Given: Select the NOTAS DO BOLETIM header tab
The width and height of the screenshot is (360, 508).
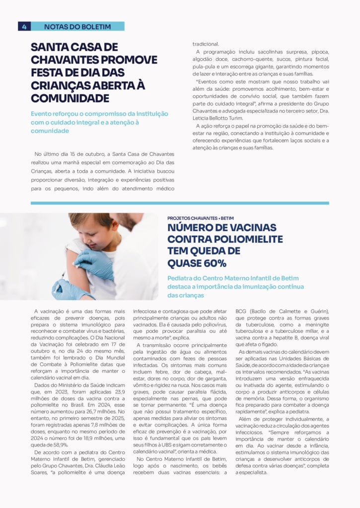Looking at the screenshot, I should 77,26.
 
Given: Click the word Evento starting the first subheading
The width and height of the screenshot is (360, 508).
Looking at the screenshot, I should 44,114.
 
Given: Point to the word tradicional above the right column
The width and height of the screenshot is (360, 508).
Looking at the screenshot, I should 209,44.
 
